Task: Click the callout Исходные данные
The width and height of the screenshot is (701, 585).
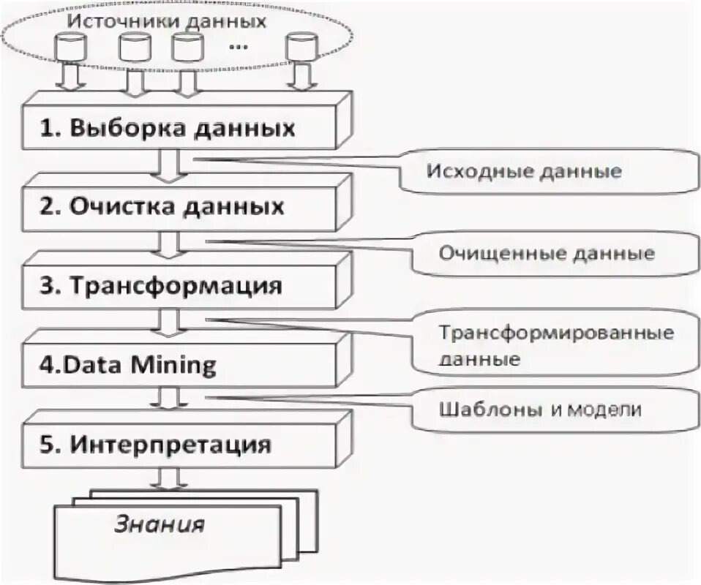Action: (524, 172)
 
